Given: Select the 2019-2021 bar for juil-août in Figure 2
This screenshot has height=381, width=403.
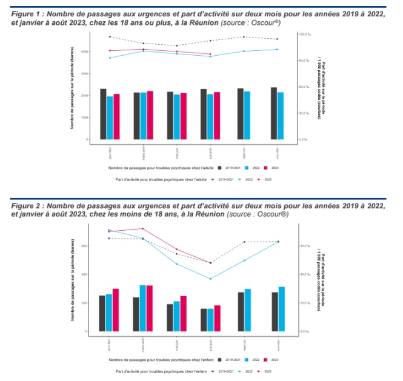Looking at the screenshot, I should (x=203, y=320).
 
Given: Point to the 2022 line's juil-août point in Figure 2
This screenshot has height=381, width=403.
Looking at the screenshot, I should (x=210, y=279).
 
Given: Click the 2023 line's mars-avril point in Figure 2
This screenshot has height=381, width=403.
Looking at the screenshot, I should (x=143, y=228).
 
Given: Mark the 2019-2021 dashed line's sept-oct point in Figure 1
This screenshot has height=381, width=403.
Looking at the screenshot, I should (x=244, y=37).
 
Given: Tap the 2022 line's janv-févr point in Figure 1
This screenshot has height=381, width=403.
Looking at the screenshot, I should (x=110, y=58).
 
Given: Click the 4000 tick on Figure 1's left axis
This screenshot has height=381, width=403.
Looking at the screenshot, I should (x=84, y=52).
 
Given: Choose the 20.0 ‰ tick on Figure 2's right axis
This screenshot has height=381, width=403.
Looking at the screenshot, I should (x=302, y=274).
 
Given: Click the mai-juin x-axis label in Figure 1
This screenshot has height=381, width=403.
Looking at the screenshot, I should (x=177, y=151).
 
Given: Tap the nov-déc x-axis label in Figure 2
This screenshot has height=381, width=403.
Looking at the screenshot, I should (x=278, y=343).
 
